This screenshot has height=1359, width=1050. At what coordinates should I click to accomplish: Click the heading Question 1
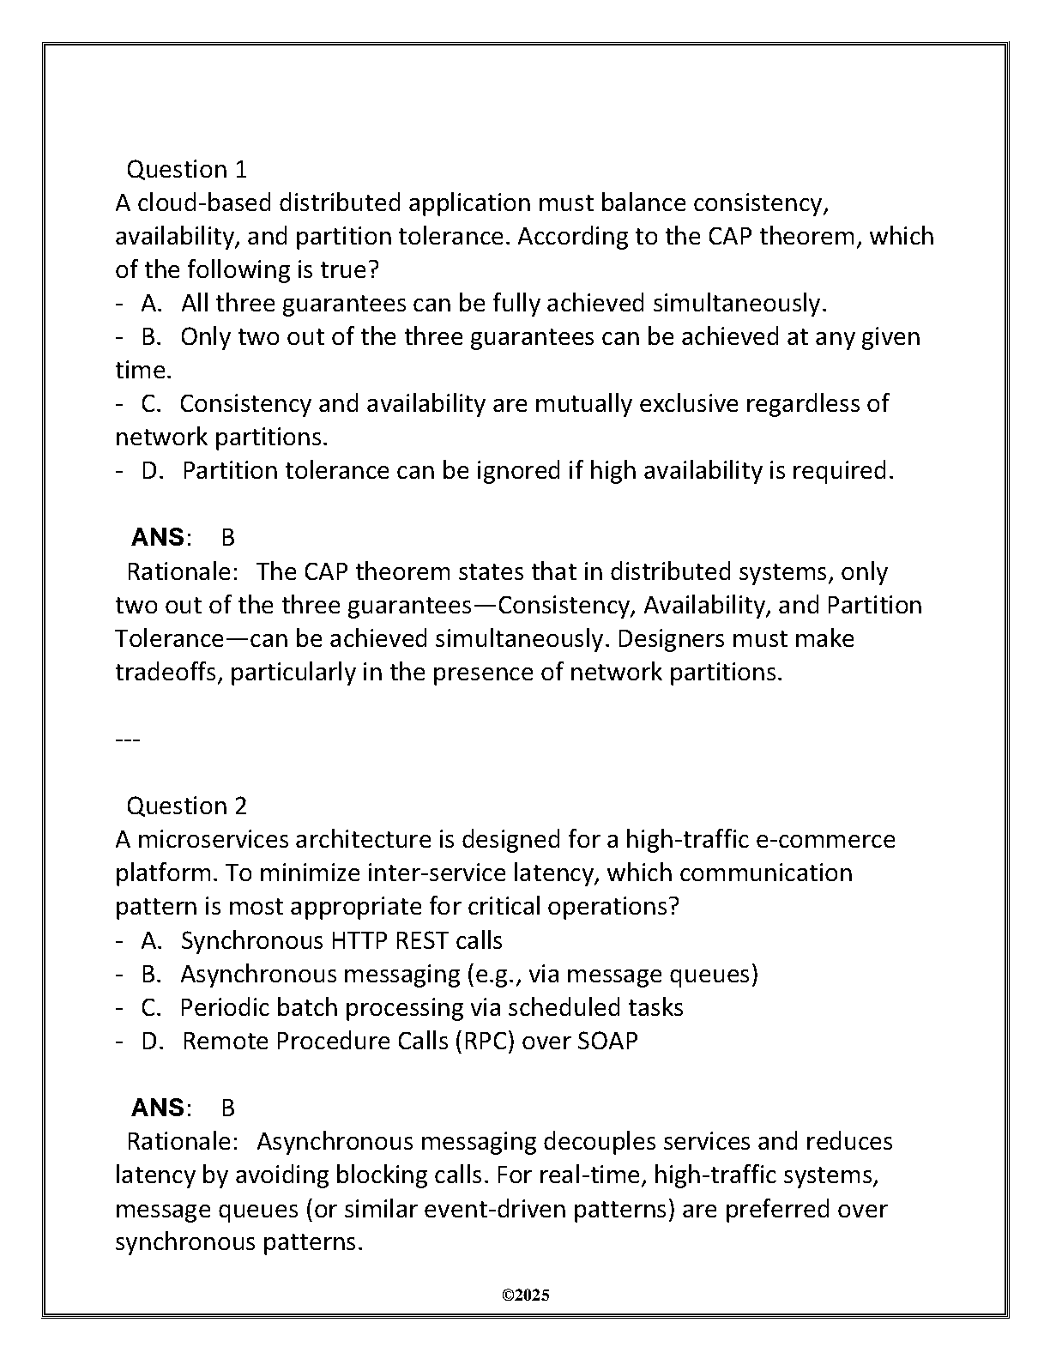pyautogui.click(x=186, y=169)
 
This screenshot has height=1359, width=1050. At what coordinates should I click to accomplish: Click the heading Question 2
pyautogui.click(x=186, y=806)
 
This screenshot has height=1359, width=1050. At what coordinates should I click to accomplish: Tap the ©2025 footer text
pyautogui.click(x=525, y=1295)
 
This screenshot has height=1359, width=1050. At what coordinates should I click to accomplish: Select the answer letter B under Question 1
pyautogui.click(x=227, y=537)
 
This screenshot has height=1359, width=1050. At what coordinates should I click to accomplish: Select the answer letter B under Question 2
pyautogui.click(x=227, y=1108)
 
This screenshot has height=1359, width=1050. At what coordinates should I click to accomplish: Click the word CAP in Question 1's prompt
pyautogui.click(x=730, y=236)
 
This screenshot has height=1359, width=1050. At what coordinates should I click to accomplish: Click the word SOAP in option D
pyautogui.click(x=607, y=1041)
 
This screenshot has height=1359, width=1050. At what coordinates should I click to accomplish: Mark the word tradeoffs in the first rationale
pyautogui.click(x=169, y=672)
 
